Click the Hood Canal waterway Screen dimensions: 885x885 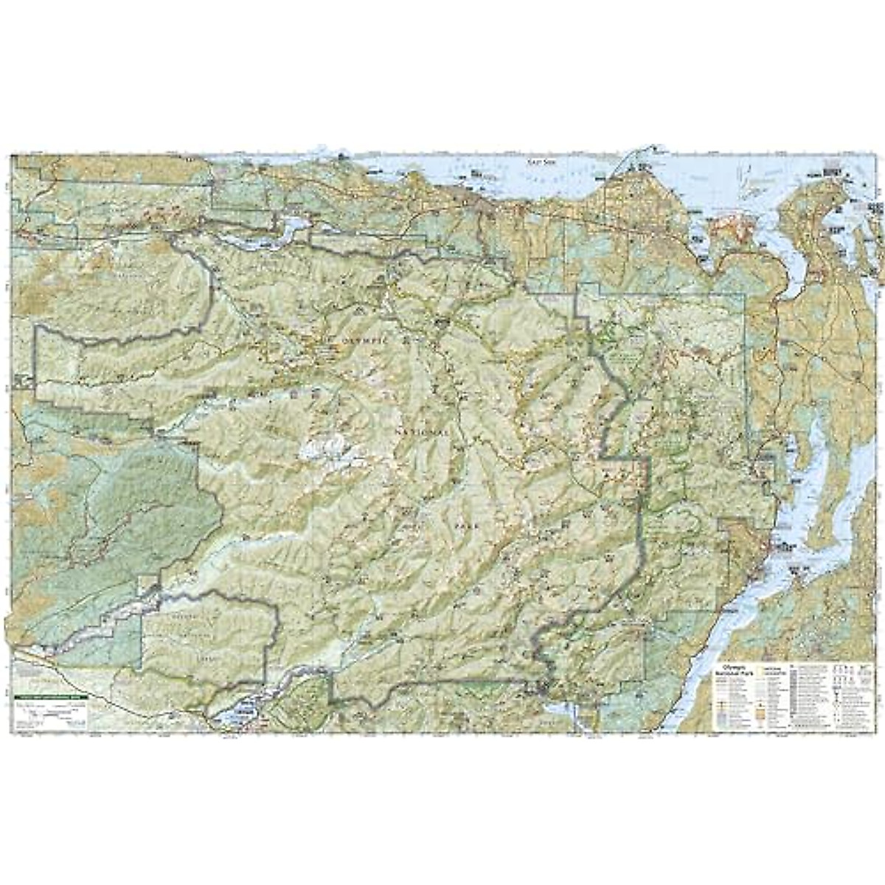click(x=737, y=605)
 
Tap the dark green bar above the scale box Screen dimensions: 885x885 click(x=50, y=697)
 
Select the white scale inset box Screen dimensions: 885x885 click(x=50, y=712)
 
